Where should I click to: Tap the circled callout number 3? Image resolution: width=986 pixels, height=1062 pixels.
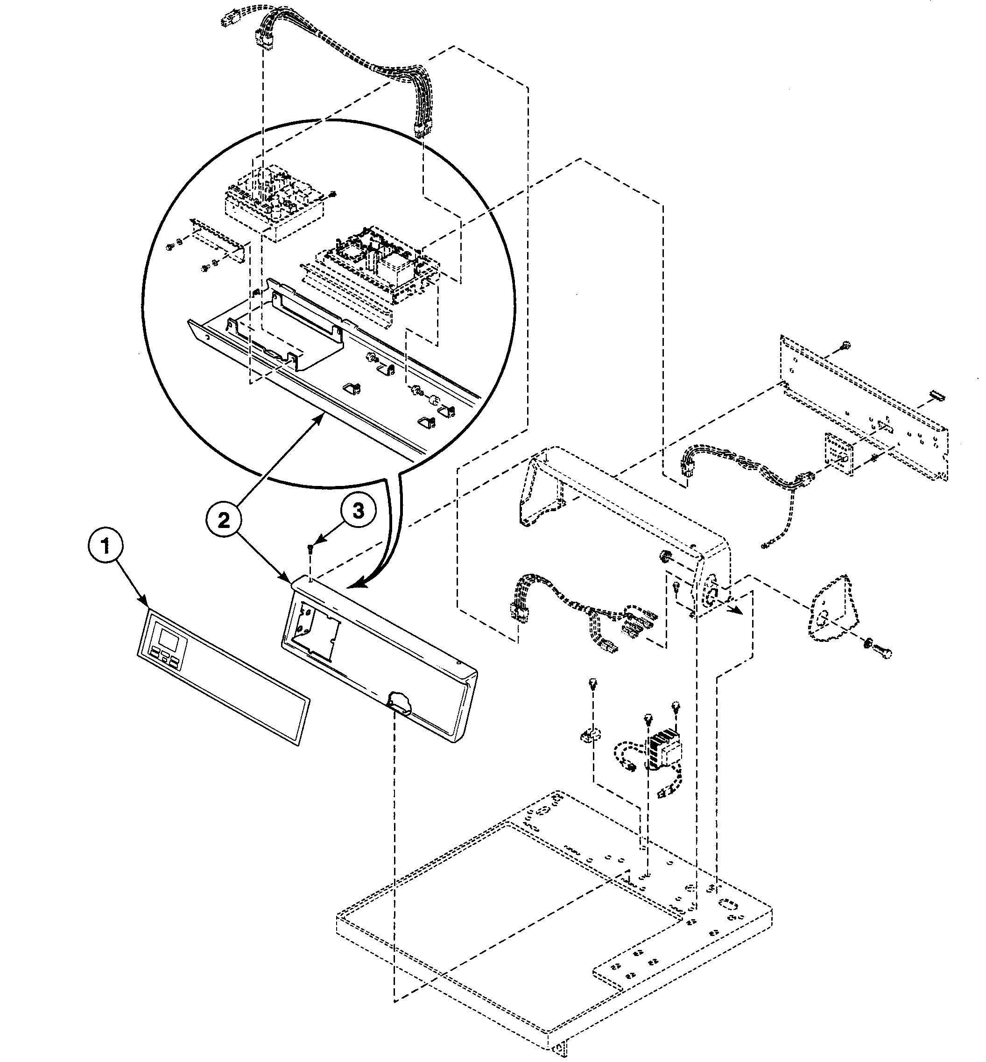[358, 511]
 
